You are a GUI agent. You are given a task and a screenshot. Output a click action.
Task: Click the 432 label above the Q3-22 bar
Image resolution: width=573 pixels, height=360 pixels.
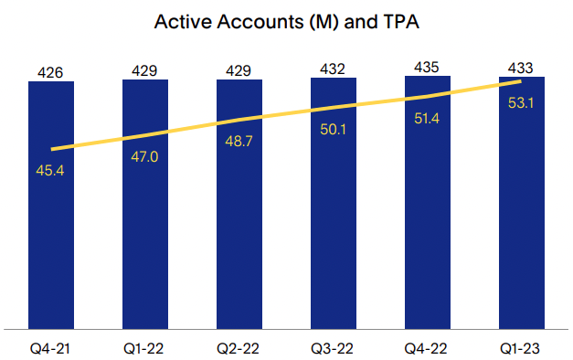pos(334,69)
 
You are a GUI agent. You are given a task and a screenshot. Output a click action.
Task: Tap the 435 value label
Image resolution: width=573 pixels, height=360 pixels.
pos(428,67)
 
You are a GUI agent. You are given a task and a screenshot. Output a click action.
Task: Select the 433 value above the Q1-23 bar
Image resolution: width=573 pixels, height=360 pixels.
pos(522,69)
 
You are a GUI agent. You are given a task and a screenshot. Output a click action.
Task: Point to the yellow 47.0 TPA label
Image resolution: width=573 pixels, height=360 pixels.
pos(145,156)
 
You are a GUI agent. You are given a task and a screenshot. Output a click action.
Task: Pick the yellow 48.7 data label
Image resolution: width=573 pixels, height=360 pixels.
pos(239,141)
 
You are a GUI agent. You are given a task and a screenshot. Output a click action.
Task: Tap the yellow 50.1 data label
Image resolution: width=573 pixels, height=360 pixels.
pos(334,130)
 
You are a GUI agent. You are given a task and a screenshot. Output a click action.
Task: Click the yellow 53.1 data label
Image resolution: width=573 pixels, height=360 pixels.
pos(522,101)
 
